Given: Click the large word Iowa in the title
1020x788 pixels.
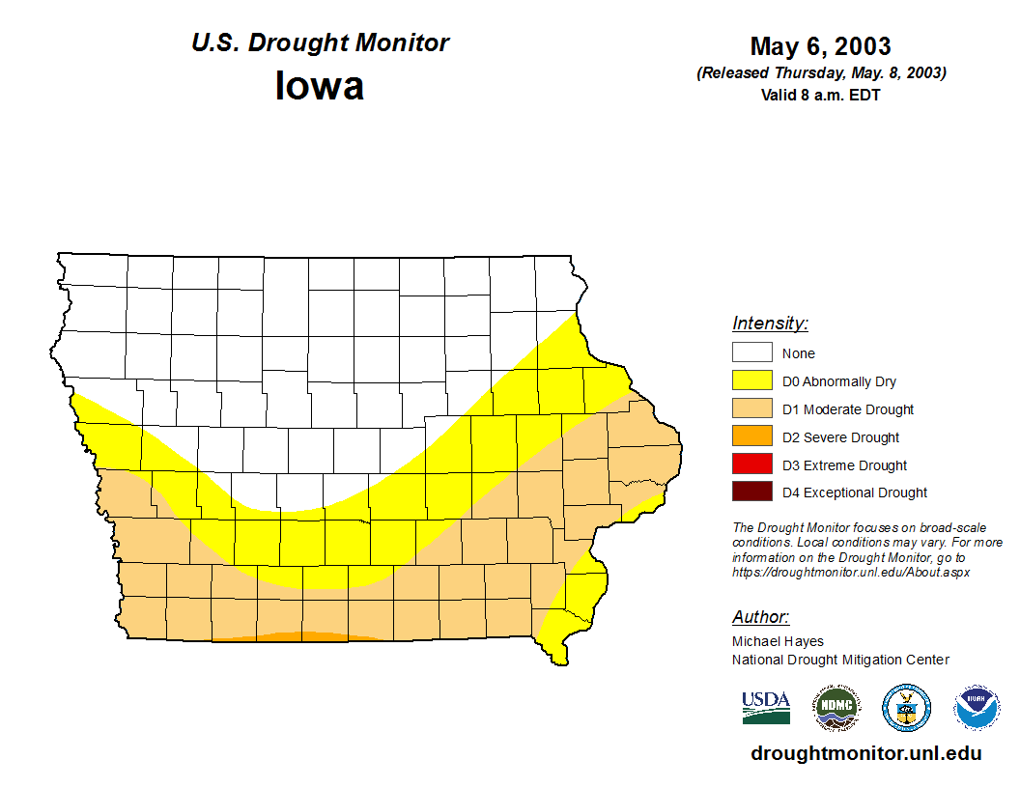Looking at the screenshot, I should coord(320,85).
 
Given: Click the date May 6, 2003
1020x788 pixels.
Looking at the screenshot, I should coord(820,46).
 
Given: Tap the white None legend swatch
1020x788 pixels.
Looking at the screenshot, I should coord(752,352).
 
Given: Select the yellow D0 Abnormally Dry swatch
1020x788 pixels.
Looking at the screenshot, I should coord(752,380).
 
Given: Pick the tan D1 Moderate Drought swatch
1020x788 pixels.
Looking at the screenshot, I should coord(752,408).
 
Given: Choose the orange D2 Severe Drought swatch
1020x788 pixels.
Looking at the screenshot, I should coord(752,436).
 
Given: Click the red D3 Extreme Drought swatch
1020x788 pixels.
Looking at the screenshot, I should coord(752,464).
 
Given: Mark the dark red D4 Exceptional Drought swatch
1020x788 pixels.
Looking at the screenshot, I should coord(752,492).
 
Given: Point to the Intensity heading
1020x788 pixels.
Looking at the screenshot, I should coord(770,324).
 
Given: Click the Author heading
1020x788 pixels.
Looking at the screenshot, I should coord(760,617).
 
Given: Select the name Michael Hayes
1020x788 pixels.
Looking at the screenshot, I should coord(778,641).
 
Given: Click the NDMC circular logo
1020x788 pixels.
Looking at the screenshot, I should coord(836,709).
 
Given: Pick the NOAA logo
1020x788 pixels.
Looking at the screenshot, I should coord(977,709).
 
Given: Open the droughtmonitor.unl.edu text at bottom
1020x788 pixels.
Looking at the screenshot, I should coord(865,754).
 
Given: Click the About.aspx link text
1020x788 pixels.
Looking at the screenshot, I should coord(850,572).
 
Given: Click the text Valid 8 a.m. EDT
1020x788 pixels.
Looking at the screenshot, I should coord(820,95).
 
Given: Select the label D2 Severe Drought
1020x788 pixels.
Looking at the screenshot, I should coord(840,437).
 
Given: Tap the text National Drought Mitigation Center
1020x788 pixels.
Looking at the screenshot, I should coord(840,660).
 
